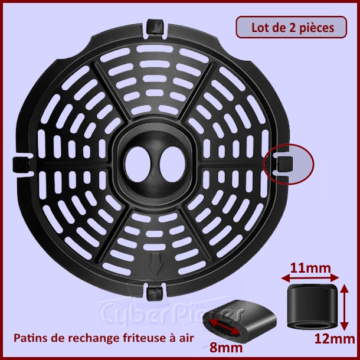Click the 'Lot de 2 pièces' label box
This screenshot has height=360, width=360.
coord(291,27)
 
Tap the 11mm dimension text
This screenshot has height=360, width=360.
coord(310,268)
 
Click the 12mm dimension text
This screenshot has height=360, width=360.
coord(335,339)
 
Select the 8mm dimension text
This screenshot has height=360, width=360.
coord(226,348)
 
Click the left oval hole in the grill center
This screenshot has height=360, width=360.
coord(138,165)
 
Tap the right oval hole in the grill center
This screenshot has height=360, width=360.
coord(172,165)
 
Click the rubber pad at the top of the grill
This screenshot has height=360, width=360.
coord(155,27)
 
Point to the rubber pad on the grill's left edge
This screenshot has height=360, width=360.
coord(21,165)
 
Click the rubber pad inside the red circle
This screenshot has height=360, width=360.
coord(285,164)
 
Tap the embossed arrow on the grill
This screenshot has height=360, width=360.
coord(155,264)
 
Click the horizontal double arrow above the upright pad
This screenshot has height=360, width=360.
coord(310,279)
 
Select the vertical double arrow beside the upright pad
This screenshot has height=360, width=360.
coord(344,307)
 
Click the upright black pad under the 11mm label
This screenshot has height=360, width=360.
coord(312,306)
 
